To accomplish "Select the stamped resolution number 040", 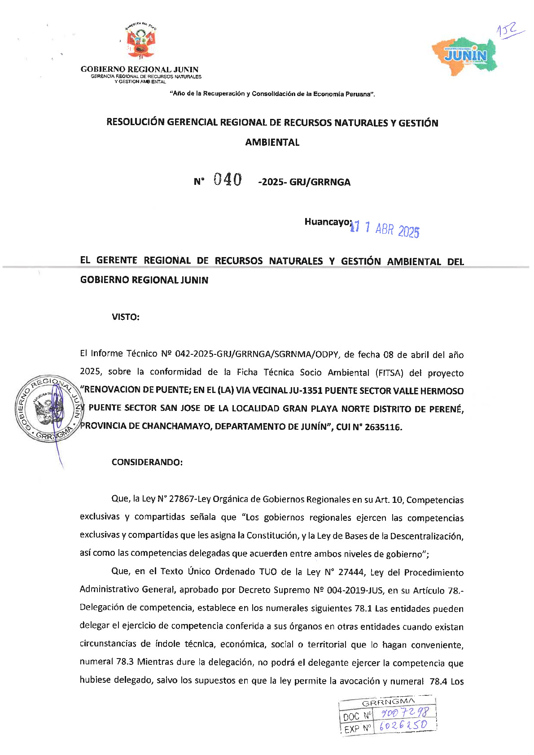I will (x=228, y=180).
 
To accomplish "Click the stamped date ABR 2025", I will (x=397, y=230).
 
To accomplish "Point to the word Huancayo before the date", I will (x=327, y=222).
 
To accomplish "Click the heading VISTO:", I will (x=126, y=317).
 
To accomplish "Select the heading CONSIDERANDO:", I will (x=147, y=463).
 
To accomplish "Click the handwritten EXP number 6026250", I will (x=403, y=726).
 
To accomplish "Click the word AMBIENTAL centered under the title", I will (x=272, y=143).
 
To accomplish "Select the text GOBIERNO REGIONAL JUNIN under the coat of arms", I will (x=140, y=70).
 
